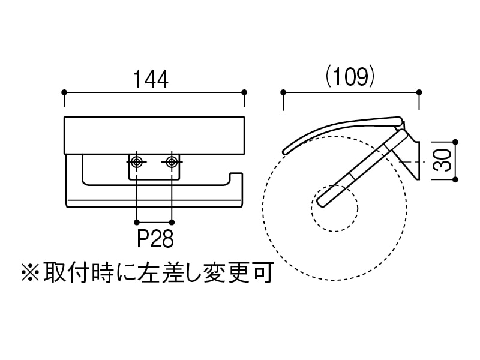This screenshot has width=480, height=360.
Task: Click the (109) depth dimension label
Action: point(350,77)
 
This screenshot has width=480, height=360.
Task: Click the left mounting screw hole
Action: point(138,161)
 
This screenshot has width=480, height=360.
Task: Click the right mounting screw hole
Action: point(172,161)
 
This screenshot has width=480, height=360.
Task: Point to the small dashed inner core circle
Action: point(334,208)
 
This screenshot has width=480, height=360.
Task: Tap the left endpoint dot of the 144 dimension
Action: point(64,92)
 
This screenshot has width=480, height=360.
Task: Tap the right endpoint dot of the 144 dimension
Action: point(244,92)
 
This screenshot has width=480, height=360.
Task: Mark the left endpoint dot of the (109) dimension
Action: point(282,92)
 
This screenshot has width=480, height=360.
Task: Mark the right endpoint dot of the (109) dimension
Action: point(418,92)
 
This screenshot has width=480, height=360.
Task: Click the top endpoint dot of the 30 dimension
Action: point(455,142)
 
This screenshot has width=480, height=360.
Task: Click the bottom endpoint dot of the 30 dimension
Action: point(455,179)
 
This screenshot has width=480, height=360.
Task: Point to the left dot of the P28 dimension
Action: point(138,219)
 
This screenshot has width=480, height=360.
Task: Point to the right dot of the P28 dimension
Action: point(172,219)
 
